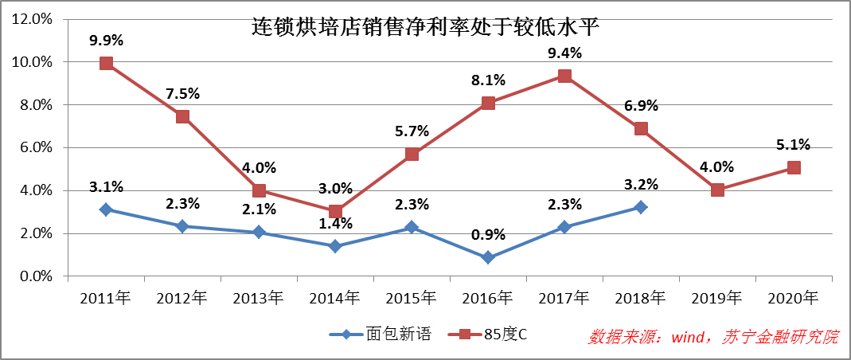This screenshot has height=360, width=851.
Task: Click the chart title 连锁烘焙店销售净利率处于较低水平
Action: [x=425, y=27]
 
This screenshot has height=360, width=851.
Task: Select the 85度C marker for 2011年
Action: [x=106, y=63]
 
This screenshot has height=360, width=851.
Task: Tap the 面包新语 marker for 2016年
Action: [x=488, y=257]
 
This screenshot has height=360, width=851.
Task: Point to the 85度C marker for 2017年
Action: [x=564, y=76]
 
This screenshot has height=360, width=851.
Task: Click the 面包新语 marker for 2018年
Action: [x=641, y=207]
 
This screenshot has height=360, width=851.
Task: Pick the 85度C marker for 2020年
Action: [x=794, y=167]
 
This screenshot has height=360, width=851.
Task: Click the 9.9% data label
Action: [x=106, y=41]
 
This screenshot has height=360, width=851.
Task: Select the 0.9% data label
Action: [x=488, y=236]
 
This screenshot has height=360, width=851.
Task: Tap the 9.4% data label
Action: [x=564, y=53]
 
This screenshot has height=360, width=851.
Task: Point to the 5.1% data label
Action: [x=794, y=145]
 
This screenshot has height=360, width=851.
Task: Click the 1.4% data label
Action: [x=335, y=225]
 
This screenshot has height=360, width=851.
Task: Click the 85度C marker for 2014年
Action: [x=335, y=212]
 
